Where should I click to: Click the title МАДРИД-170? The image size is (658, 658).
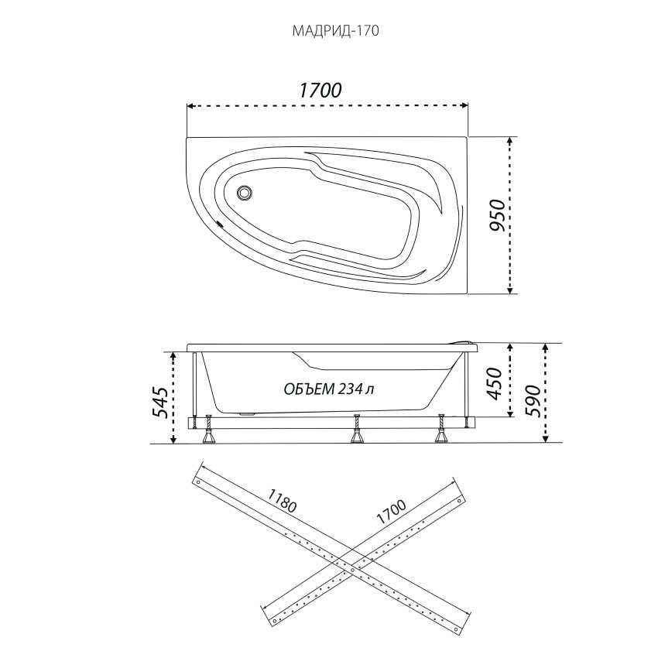(x=335, y=31)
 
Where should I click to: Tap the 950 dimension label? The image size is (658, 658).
(x=498, y=215)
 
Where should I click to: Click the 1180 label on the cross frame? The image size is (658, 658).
(x=283, y=500)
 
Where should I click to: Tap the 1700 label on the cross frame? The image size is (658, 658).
(x=391, y=512)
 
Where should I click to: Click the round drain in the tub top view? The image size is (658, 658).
(x=244, y=193)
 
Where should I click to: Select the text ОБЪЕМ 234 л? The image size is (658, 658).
(x=329, y=389)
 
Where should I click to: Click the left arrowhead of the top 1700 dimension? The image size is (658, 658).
(x=190, y=106)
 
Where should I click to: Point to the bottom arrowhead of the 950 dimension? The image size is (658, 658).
(x=510, y=290)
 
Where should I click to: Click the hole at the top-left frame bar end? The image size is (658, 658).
(x=198, y=482)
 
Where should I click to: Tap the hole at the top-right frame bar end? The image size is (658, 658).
(x=461, y=500)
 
